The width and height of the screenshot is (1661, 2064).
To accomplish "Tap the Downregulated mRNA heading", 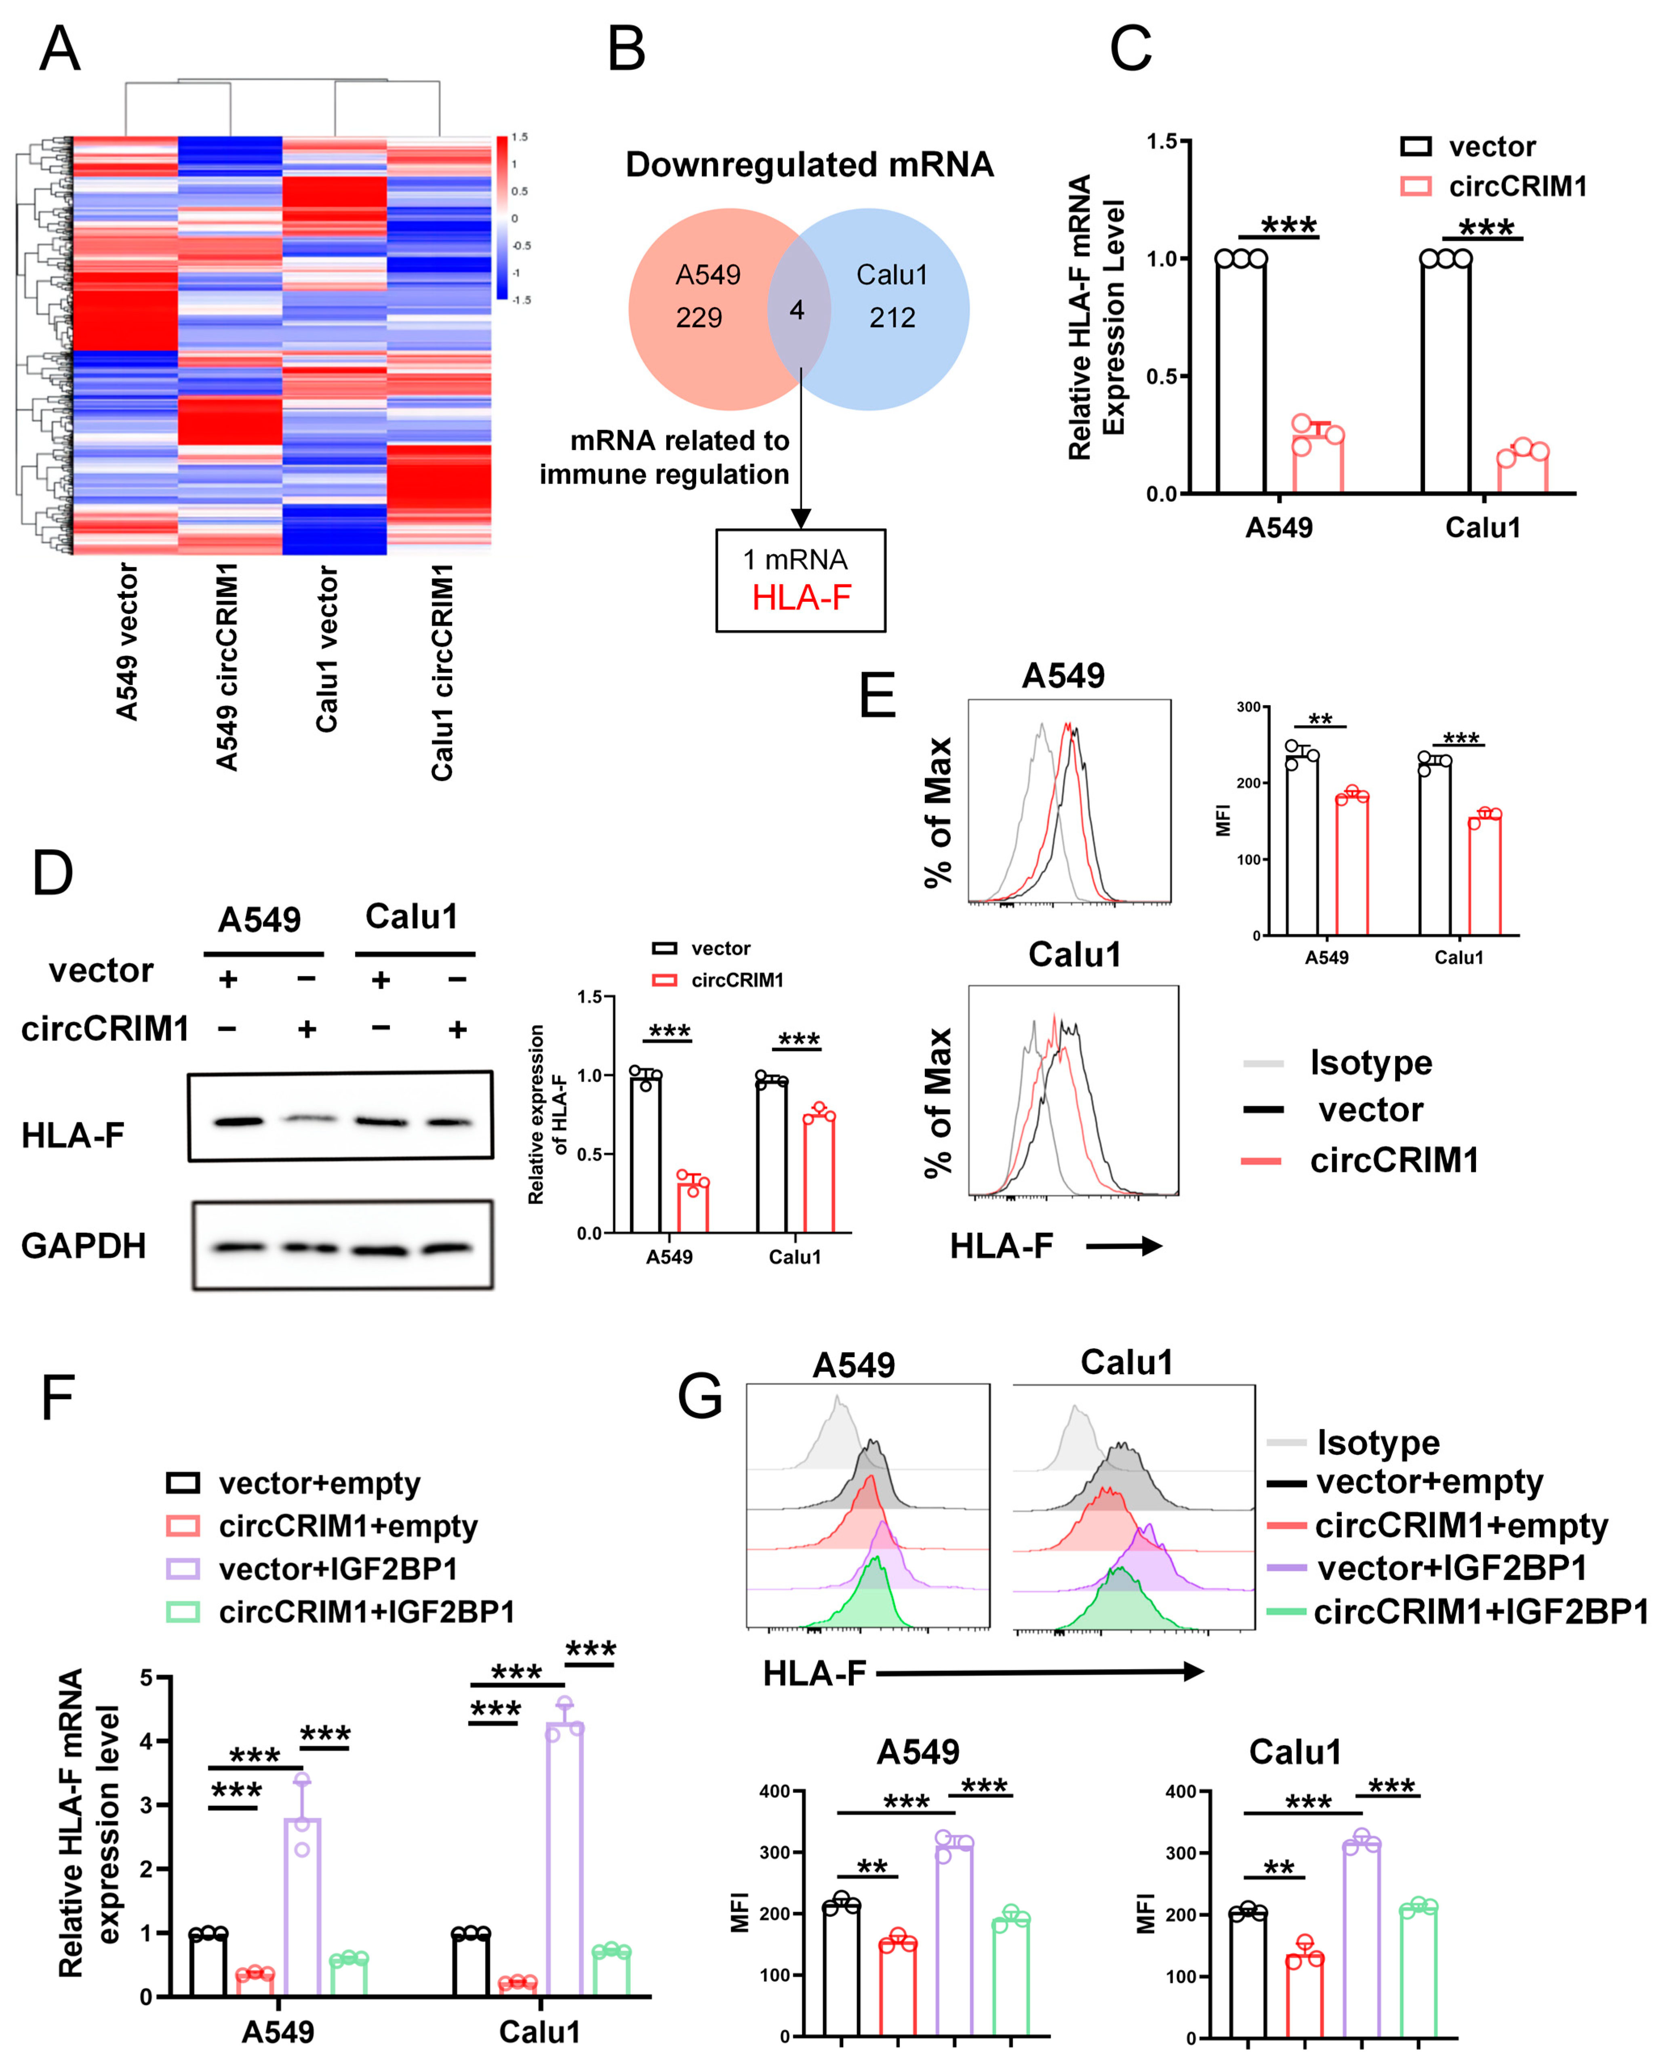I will (x=809, y=165).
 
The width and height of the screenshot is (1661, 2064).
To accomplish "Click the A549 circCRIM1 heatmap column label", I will (x=227, y=665).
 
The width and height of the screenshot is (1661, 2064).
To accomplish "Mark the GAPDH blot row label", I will (x=83, y=1246).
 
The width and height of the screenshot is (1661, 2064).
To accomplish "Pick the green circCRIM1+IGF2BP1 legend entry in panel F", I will (x=367, y=1612).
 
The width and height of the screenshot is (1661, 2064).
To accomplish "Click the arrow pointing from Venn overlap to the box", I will (x=800, y=440).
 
